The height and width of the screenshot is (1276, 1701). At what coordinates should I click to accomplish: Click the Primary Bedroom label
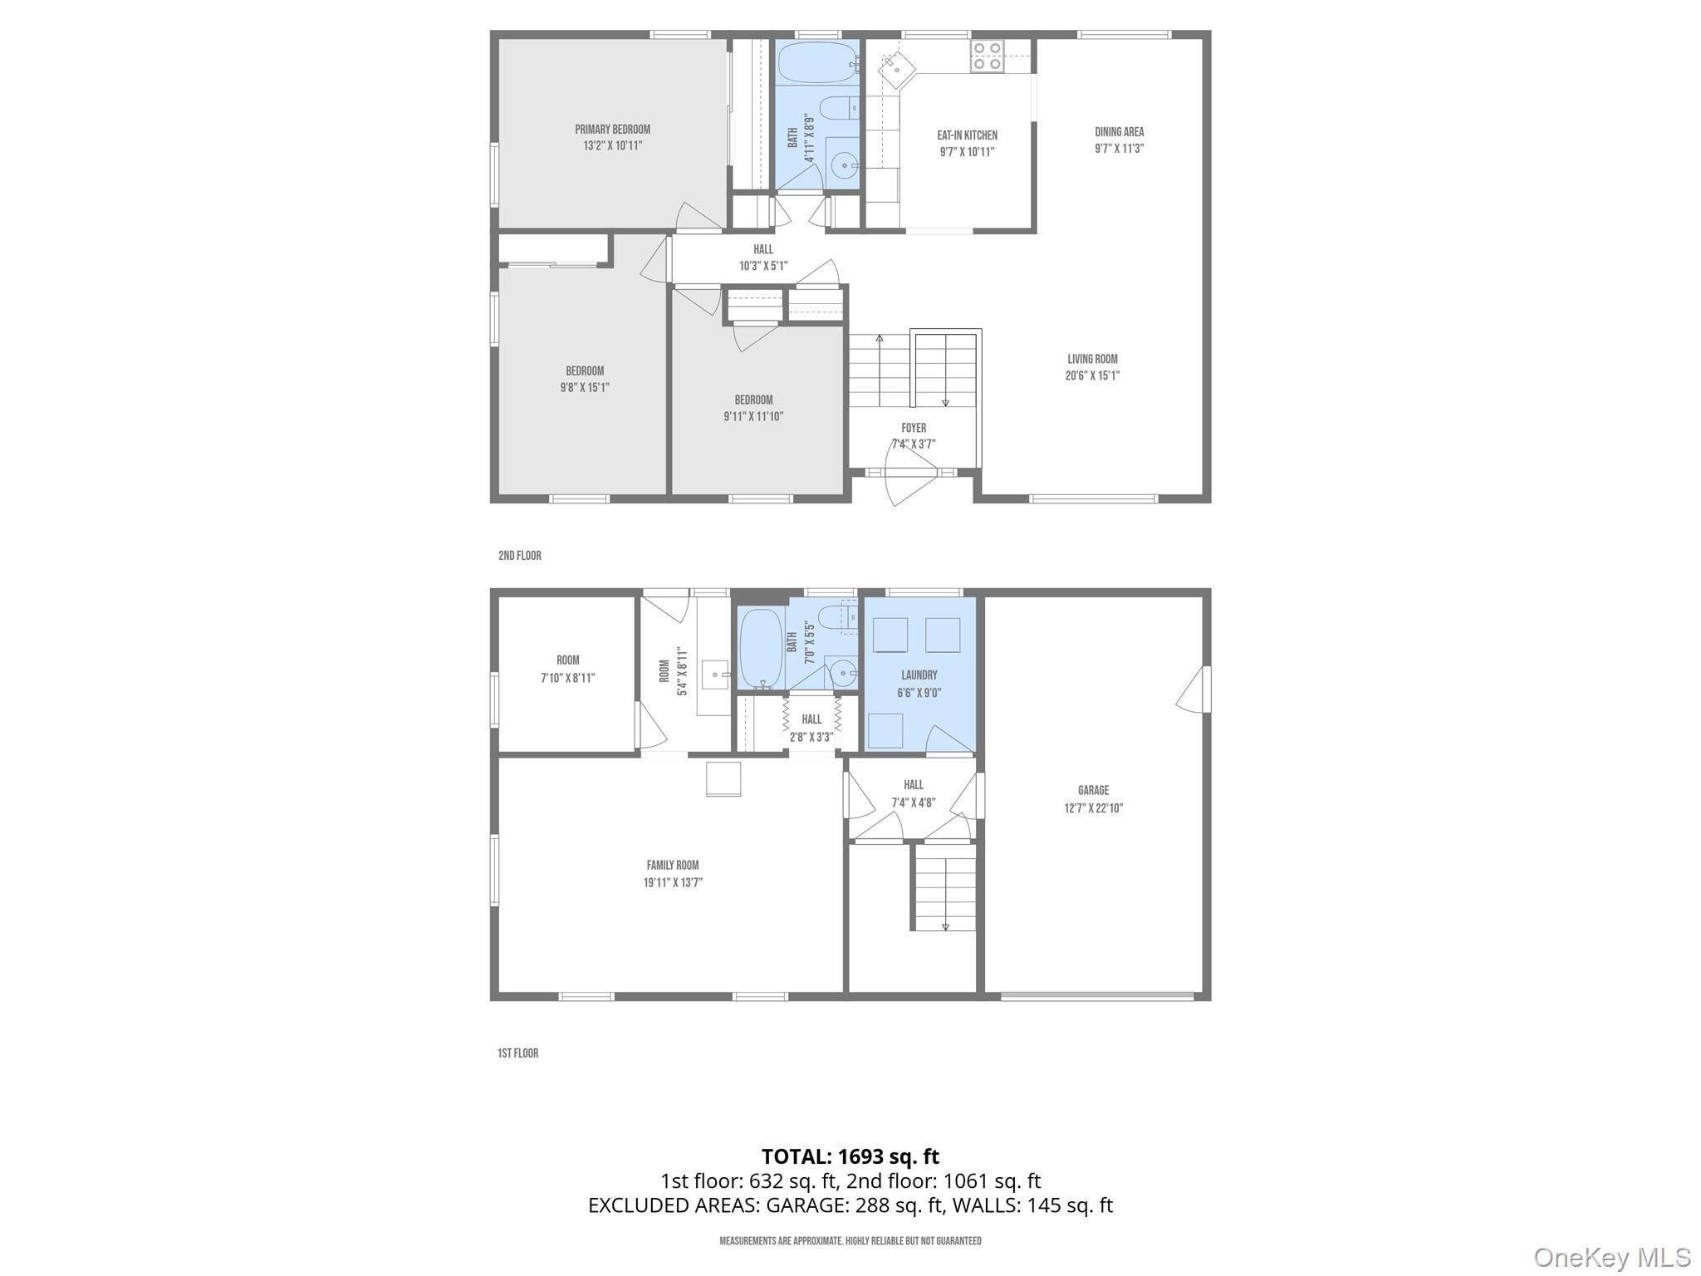pos(612,130)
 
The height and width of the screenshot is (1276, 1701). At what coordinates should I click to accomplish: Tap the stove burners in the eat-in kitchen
pos(987,56)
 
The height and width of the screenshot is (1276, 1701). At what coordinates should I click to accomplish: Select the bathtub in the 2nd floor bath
pos(817,62)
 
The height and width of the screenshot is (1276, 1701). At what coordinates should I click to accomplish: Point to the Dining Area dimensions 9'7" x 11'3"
pos(1119,149)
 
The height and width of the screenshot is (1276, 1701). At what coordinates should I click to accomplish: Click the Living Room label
pos(1092,359)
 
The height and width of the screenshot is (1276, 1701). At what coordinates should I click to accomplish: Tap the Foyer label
pos(914,428)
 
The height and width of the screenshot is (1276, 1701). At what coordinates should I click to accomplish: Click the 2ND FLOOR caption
pos(520,556)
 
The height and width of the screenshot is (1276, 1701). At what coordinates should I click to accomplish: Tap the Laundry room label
pos(919,675)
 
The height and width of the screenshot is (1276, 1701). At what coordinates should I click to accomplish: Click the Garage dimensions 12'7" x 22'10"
pos(1093,807)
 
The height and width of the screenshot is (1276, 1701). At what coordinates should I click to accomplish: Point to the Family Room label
pos(673,865)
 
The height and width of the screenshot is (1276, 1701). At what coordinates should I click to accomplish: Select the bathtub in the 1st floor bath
pos(760,649)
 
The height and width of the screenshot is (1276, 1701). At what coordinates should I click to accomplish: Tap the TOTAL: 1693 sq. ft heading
pos(850,1156)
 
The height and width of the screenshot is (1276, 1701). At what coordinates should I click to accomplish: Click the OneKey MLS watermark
pos(1611,1257)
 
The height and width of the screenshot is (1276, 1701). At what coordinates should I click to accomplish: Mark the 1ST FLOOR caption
pos(518,1053)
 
